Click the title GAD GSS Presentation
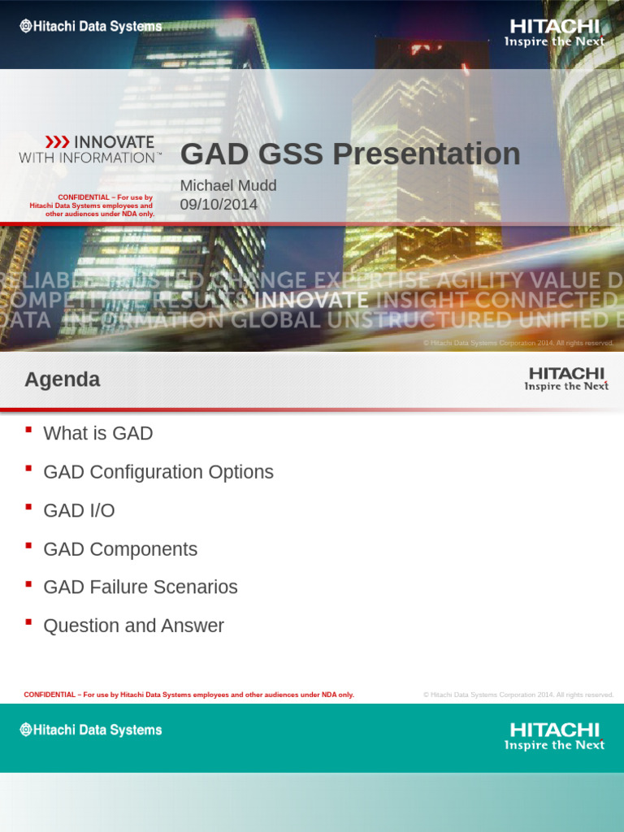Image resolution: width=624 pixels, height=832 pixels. pyautogui.click(x=349, y=154)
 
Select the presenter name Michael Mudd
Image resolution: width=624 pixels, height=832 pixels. pyautogui.click(x=228, y=186)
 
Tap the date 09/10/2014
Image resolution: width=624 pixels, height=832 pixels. pyautogui.click(x=219, y=205)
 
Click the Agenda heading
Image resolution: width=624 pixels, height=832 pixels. pyautogui.click(x=63, y=379)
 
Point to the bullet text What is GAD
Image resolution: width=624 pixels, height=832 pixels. pyautogui.click(x=98, y=434)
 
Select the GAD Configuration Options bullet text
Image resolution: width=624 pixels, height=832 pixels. pyautogui.click(x=158, y=472)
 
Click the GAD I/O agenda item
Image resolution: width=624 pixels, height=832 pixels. pyautogui.click(x=79, y=511)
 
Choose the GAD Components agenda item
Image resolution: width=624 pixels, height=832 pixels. pyautogui.click(x=120, y=549)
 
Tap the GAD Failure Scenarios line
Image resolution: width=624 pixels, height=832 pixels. pyautogui.click(x=141, y=587)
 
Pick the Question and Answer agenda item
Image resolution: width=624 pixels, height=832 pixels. pyautogui.click(x=133, y=626)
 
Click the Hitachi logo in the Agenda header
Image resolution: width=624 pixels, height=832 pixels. pyautogui.click(x=565, y=379)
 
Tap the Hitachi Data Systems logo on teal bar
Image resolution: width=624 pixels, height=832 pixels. pyautogui.click(x=91, y=730)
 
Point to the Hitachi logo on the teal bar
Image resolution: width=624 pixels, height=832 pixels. pyautogui.click(x=554, y=736)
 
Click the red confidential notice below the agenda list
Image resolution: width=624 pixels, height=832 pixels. pyautogui.click(x=189, y=695)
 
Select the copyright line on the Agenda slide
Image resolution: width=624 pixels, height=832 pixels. pyautogui.click(x=518, y=695)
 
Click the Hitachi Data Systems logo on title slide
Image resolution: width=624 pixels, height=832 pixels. pyautogui.click(x=91, y=27)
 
